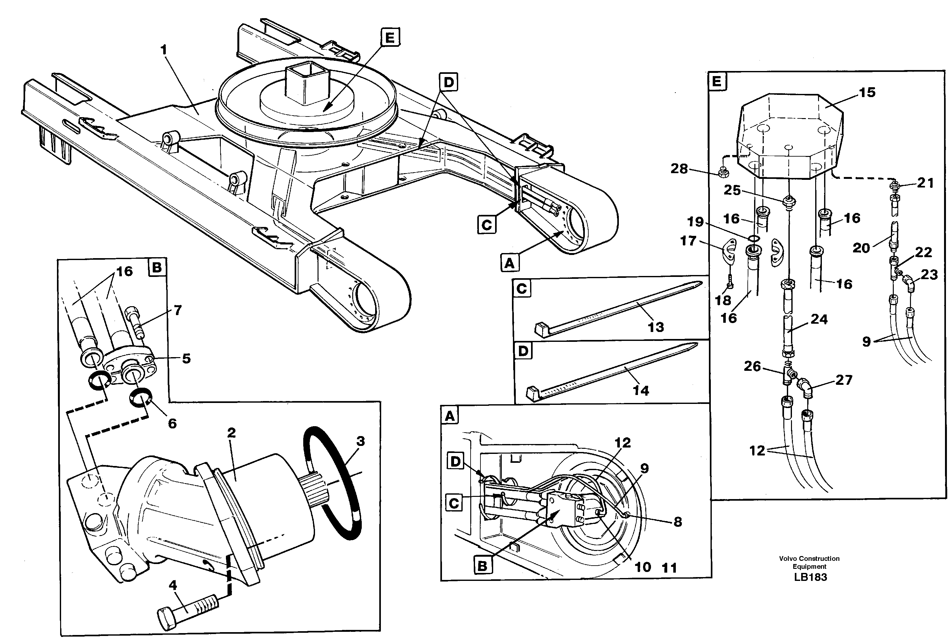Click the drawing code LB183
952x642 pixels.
pos(810,577)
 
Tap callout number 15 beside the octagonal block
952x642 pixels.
pos(866,93)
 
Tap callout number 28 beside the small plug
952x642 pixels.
pos(679,169)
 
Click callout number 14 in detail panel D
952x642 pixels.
pos(640,391)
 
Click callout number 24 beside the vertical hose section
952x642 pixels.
pos(819,319)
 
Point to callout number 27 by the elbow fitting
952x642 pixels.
pos(843,380)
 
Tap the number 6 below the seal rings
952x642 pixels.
pos(172,423)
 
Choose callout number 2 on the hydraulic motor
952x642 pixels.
pos(232,433)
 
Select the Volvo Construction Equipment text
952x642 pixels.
pos(809,562)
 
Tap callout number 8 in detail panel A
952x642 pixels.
pos(677,522)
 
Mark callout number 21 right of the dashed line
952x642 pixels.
pos(925,183)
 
